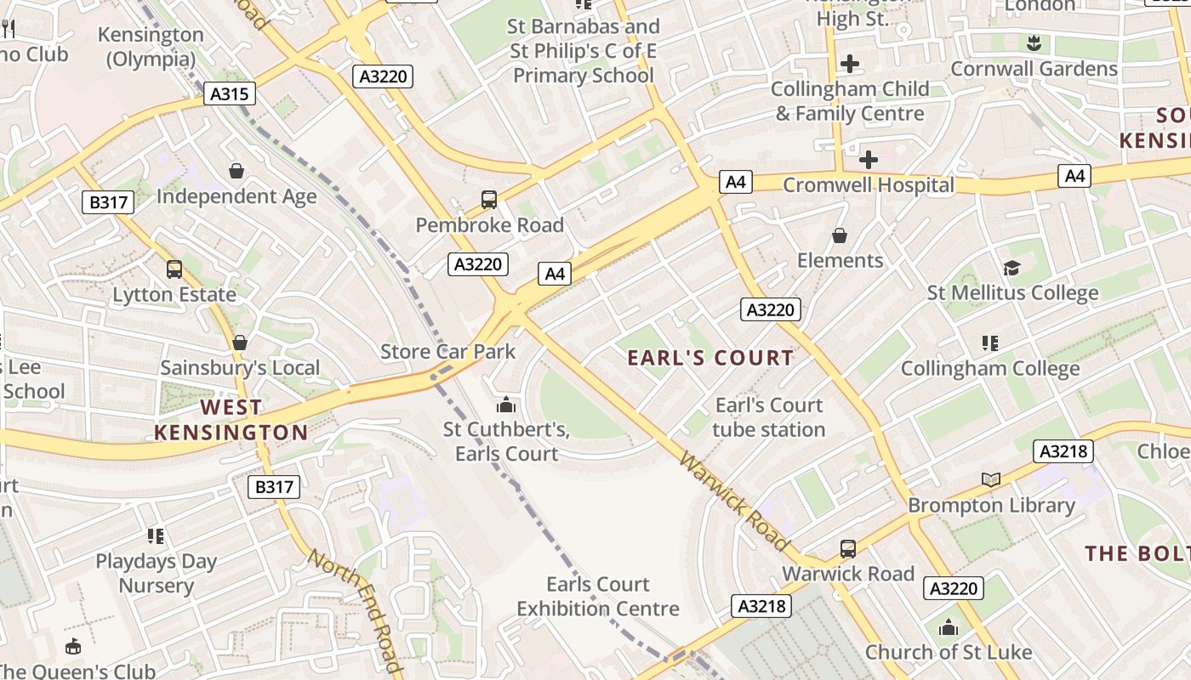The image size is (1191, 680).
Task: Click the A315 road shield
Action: (x=230, y=93)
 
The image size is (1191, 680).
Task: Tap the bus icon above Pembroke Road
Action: (x=489, y=200)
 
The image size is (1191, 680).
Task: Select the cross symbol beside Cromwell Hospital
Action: (x=869, y=159)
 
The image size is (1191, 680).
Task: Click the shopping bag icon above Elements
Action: (x=840, y=235)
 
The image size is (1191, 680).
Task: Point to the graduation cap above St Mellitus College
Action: (x=1011, y=269)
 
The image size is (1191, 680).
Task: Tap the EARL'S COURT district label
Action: (x=710, y=358)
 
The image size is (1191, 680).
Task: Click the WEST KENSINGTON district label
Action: (x=231, y=420)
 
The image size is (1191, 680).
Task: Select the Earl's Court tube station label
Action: (x=769, y=417)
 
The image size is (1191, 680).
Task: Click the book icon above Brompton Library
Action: (x=991, y=480)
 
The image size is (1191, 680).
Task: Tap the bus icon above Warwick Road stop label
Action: (x=848, y=549)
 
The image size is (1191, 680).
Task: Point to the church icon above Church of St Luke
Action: (x=949, y=628)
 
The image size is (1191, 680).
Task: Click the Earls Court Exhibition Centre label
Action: (x=598, y=597)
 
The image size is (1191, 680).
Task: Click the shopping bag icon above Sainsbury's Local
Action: (x=240, y=343)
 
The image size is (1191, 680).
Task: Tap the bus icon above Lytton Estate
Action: (x=174, y=269)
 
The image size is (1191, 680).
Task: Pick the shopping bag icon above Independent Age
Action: (x=236, y=171)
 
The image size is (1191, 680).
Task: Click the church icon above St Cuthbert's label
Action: (x=506, y=405)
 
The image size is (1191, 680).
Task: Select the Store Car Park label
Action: (x=447, y=351)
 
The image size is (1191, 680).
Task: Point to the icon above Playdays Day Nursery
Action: (x=155, y=535)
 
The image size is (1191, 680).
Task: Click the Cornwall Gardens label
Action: (x=1034, y=69)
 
